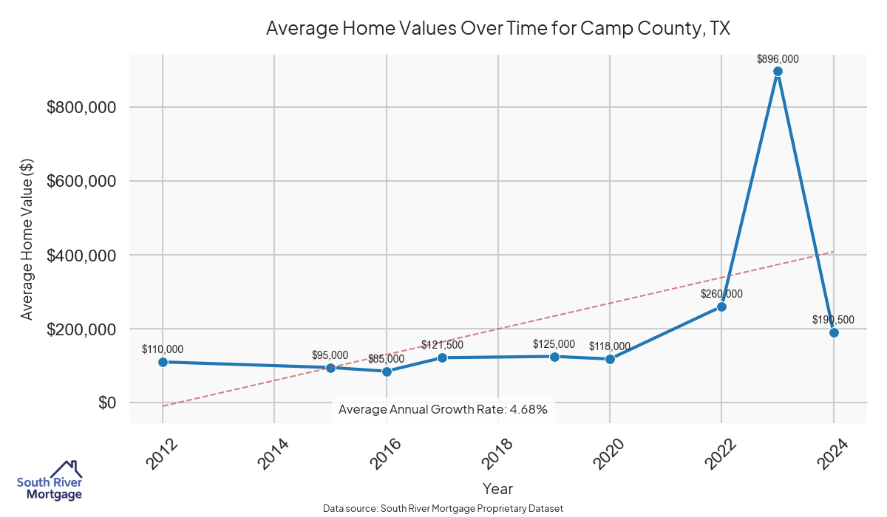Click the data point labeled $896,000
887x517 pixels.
(778, 72)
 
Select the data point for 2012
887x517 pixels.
(163, 362)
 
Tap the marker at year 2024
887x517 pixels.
(834, 332)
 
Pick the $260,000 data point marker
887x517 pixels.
(721, 307)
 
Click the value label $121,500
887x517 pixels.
(442, 345)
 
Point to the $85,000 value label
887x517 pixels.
(386, 359)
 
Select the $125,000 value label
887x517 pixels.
(554, 344)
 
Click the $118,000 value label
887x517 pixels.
(610, 346)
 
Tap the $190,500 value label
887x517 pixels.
(833, 320)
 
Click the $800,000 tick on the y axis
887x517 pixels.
(81, 108)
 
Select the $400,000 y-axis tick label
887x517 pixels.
(81, 256)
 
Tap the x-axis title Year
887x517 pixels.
(497, 489)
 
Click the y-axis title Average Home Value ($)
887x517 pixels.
(27, 240)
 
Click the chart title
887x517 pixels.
(497, 28)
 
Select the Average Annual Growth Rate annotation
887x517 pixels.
(442, 409)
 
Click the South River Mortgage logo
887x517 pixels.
(50, 481)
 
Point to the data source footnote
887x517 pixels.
(443, 509)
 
